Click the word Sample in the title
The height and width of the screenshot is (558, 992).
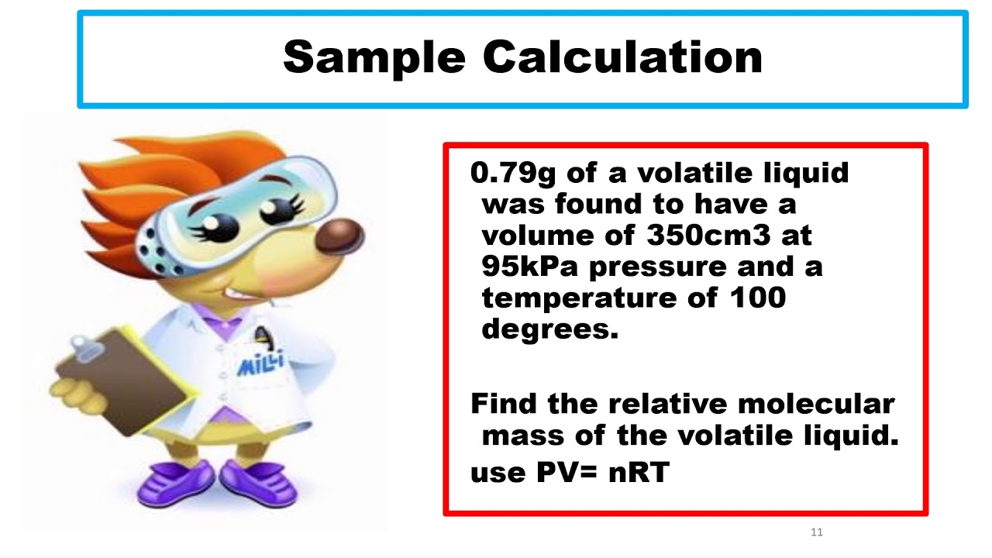[x=374, y=58]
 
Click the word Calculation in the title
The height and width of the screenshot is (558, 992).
[x=623, y=58]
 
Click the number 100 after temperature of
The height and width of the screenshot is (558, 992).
[x=756, y=298]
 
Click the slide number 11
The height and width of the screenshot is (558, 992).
[x=816, y=532]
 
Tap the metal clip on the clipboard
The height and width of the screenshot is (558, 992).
[x=86, y=345]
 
